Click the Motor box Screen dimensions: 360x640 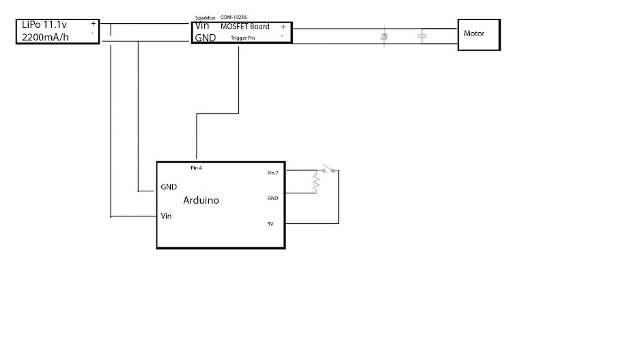pyautogui.click(x=478, y=33)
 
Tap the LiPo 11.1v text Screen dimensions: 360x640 pyautogui.click(x=44, y=25)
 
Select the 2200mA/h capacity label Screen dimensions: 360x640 pyautogui.click(x=44, y=38)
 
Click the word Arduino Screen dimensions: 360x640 pyautogui.click(x=201, y=201)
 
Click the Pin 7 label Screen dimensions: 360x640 pyautogui.click(x=273, y=173)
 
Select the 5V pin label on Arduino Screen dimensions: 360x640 pyautogui.click(x=271, y=223)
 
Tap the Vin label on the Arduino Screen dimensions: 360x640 pyautogui.click(x=166, y=216)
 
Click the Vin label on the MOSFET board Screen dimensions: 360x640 pyautogui.click(x=202, y=26)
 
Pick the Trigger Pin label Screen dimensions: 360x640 pyautogui.click(x=243, y=38)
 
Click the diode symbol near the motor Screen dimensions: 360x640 pyautogui.click(x=383, y=35)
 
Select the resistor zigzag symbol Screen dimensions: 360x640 pyautogui.click(x=316, y=182)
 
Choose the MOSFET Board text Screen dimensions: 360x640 pyautogui.click(x=245, y=27)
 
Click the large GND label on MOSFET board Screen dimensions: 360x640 pyautogui.click(x=205, y=38)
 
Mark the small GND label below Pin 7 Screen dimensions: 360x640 pyautogui.click(x=272, y=198)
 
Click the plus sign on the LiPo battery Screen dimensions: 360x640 pyautogui.click(x=93, y=23)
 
